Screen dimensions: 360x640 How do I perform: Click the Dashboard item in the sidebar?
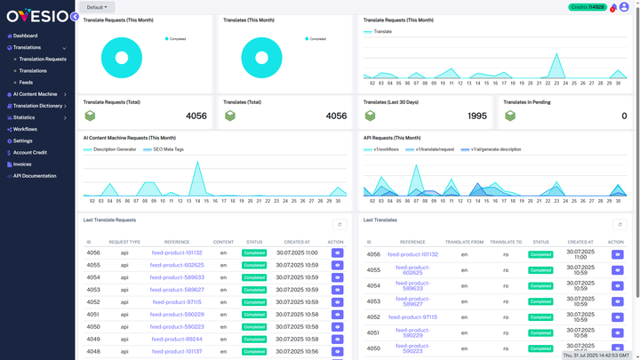[x=25, y=36]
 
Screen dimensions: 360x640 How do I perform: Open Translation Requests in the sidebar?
[x=43, y=60]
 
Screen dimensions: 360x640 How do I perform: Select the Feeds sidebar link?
[x=26, y=83]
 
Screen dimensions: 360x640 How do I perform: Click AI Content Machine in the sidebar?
[x=35, y=94]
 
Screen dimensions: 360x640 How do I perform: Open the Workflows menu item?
[x=25, y=129]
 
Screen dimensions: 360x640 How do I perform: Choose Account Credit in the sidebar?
[x=29, y=153]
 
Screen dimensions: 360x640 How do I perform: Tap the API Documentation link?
[x=34, y=176]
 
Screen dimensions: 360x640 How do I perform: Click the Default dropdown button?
[x=96, y=7]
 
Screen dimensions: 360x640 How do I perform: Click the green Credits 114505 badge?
[x=587, y=7]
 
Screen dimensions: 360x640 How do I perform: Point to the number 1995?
[x=476, y=116]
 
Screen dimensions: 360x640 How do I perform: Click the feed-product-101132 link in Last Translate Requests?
[x=176, y=253]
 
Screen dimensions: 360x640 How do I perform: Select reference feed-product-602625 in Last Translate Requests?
[x=176, y=265]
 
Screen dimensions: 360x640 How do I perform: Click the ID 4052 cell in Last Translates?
[x=373, y=317]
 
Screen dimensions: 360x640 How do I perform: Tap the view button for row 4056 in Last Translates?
[x=617, y=254]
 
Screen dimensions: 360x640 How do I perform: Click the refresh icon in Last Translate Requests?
[x=339, y=225]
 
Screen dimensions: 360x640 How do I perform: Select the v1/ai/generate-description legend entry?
[x=495, y=149]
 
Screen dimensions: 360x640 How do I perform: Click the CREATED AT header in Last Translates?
[x=580, y=242]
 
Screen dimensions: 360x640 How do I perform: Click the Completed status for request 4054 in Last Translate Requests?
[x=254, y=277]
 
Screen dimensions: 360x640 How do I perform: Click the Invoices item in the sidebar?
[x=21, y=164]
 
